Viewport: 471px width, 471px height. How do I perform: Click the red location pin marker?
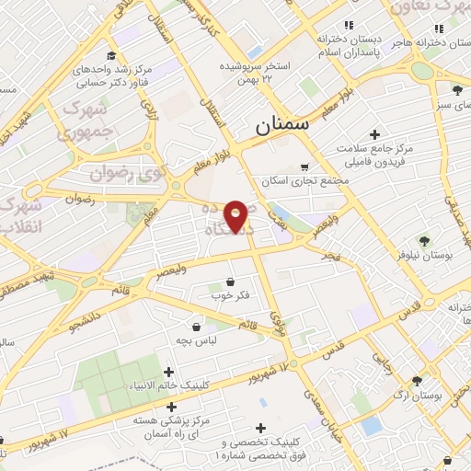[x=235, y=215]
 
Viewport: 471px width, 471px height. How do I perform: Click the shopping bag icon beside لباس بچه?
[x=196, y=326]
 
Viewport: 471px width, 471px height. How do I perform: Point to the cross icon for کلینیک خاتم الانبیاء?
[x=167, y=372]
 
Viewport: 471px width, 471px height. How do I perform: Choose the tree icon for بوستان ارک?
[x=418, y=380]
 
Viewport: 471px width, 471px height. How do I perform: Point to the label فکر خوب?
[x=230, y=295]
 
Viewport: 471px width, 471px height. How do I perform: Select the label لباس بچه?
[x=196, y=340]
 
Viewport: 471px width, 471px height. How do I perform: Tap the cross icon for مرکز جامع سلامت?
[x=374, y=134]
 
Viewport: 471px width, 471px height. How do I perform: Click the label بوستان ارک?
[x=418, y=396]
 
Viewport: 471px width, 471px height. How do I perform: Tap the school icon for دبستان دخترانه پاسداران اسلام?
[x=348, y=26]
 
